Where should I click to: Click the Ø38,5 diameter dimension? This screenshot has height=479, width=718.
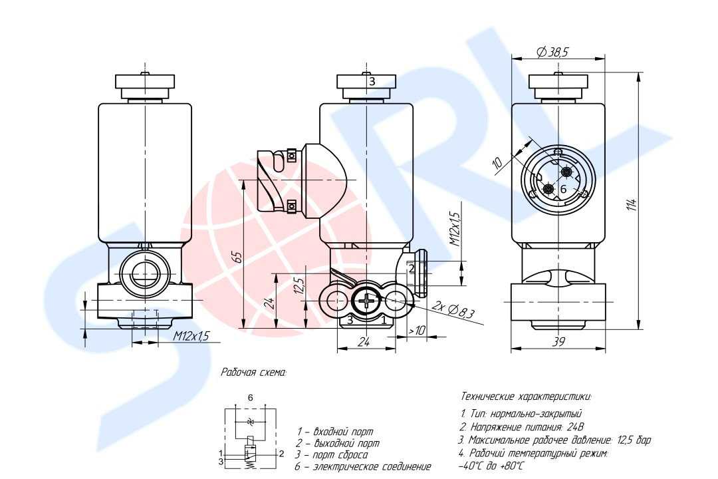coord(552,51)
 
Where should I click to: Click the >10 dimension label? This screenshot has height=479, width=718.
coord(417,331)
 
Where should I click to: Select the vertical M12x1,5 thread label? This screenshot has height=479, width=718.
coord(454,230)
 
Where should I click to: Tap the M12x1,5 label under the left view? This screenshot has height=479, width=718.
coord(191,337)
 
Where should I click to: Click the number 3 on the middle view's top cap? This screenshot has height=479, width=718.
coord(372,81)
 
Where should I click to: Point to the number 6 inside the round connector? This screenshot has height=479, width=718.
coord(562,189)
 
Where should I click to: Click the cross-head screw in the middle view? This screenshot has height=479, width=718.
coord(367,302)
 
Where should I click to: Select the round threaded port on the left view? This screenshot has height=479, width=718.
coord(144,273)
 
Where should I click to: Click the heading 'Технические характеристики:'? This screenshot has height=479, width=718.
coord(525,397)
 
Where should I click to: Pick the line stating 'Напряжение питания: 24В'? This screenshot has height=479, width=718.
coord(521,426)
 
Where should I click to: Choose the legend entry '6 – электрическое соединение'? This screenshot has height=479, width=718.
coord(363,467)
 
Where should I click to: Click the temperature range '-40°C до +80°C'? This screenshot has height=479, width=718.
coord(491,466)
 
